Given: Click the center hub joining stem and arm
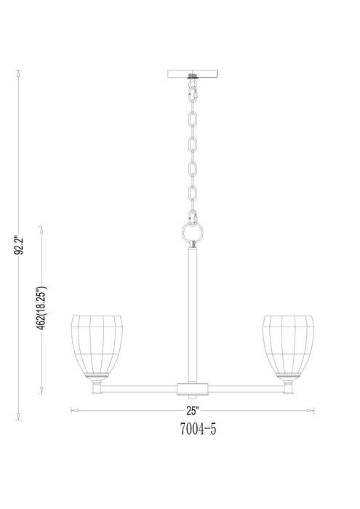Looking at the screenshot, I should [x=193, y=387].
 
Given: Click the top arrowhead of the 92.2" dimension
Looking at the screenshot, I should [x=20, y=72].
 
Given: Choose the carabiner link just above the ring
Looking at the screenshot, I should [x=193, y=216].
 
